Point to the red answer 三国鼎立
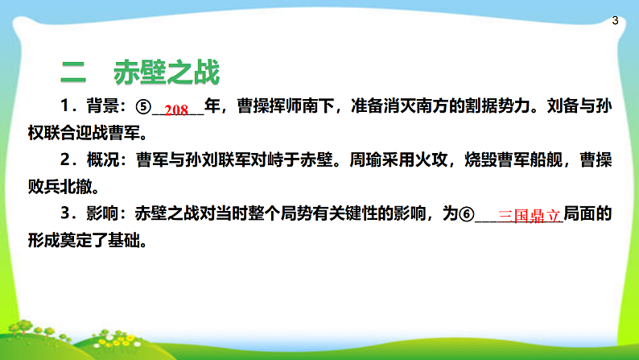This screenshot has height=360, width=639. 530,217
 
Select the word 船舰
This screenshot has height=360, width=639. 548,161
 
